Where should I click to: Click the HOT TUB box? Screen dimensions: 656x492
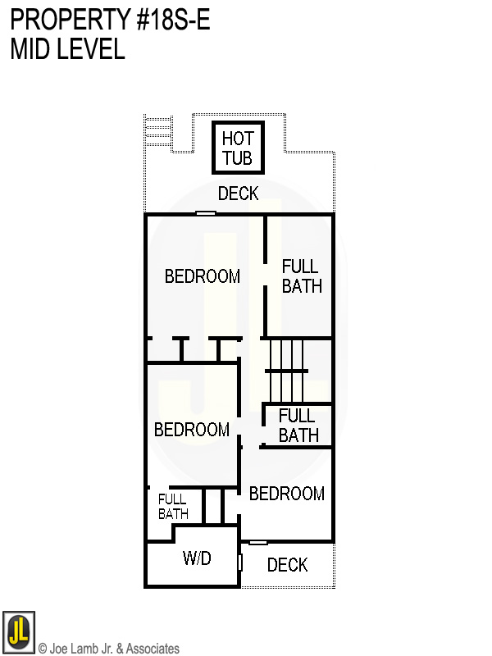(x=239, y=148)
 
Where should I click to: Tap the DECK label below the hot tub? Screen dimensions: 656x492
(x=239, y=194)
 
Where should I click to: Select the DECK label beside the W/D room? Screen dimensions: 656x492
(x=287, y=565)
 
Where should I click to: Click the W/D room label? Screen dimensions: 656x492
(x=197, y=559)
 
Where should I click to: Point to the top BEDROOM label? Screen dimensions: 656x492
(x=203, y=276)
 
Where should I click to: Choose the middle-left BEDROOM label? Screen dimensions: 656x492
(x=192, y=430)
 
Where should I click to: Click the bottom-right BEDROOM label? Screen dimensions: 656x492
(x=287, y=494)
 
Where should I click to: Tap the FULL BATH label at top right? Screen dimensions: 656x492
(x=301, y=276)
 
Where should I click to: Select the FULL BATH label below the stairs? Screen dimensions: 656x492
(x=298, y=426)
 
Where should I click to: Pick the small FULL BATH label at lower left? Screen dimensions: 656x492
(x=173, y=507)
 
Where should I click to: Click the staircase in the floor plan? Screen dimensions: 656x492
(x=287, y=370)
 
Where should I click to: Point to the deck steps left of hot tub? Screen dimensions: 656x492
(x=158, y=131)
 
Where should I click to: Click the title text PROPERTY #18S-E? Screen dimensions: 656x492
(x=111, y=20)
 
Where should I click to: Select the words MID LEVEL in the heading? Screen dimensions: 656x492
(x=67, y=49)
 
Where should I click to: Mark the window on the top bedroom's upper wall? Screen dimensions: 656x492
(x=206, y=214)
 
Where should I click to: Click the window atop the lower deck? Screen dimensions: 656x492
(x=258, y=542)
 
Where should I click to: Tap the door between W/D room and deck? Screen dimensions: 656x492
(x=239, y=563)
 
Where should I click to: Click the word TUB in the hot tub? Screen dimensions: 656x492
(x=238, y=158)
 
